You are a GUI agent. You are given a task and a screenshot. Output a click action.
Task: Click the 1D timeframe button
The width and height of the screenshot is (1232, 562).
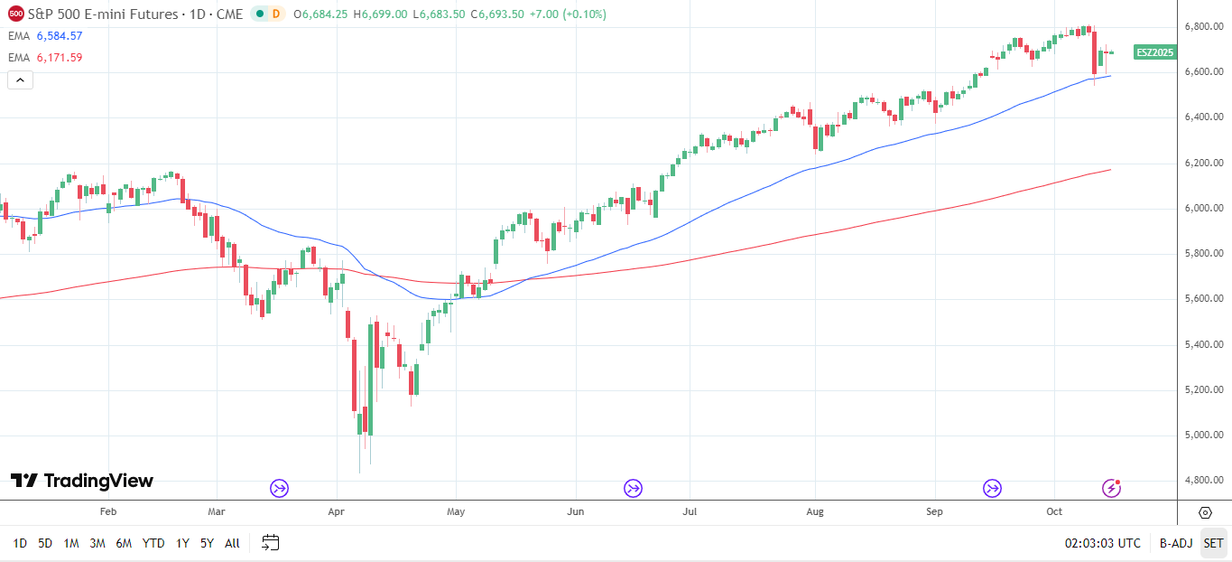(20, 543)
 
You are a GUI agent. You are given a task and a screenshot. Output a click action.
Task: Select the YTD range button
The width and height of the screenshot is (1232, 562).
(153, 543)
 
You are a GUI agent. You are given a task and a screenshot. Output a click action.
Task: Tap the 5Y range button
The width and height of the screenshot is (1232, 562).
(207, 543)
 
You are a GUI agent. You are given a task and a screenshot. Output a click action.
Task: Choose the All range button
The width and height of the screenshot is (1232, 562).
(232, 543)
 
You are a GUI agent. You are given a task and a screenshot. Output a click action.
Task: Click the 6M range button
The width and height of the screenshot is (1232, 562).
(124, 543)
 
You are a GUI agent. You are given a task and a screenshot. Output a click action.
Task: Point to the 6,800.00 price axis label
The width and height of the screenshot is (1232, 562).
(1204, 26)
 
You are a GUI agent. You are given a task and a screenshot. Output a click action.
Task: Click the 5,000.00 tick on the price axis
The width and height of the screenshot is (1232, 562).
(1204, 435)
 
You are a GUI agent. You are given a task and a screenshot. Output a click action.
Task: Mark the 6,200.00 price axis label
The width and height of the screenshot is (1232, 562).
(1204, 163)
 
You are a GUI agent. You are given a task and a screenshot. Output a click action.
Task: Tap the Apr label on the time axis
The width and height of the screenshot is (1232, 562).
(336, 511)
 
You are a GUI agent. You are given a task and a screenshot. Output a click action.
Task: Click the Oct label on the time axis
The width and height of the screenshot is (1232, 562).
(1055, 511)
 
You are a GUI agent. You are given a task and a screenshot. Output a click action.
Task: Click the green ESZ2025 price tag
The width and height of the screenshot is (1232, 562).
(1154, 52)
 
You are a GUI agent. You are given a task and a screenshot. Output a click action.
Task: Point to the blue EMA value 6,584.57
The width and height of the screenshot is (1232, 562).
(59, 36)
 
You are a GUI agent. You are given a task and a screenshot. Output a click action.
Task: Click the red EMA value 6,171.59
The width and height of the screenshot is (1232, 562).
(59, 58)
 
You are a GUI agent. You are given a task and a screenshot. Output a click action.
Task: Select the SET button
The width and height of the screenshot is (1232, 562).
(1213, 543)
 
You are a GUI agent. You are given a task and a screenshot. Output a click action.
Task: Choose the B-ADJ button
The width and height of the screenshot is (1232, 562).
(1175, 543)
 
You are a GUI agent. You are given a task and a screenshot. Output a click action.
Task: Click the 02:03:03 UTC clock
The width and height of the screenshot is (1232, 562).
(1102, 543)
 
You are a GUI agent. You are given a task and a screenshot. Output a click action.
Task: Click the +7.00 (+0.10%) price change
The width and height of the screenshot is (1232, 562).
(567, 14)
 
